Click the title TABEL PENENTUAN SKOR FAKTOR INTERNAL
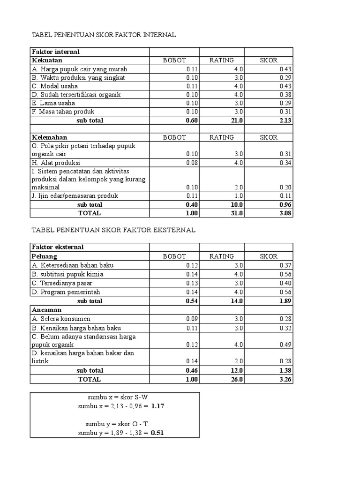tap(103, 35)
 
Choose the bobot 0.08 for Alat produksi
tap(192, 163)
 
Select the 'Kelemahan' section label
tap(49, 137)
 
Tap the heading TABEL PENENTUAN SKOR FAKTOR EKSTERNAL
tap(113, 230)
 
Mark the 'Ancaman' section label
tap(46, 310)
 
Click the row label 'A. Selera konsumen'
tap(61, 319)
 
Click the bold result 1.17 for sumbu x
tap(157, 406)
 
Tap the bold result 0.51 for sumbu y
tap(157, 433)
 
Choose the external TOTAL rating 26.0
tap(236, 379)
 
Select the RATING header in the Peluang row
tap(221, 256)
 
